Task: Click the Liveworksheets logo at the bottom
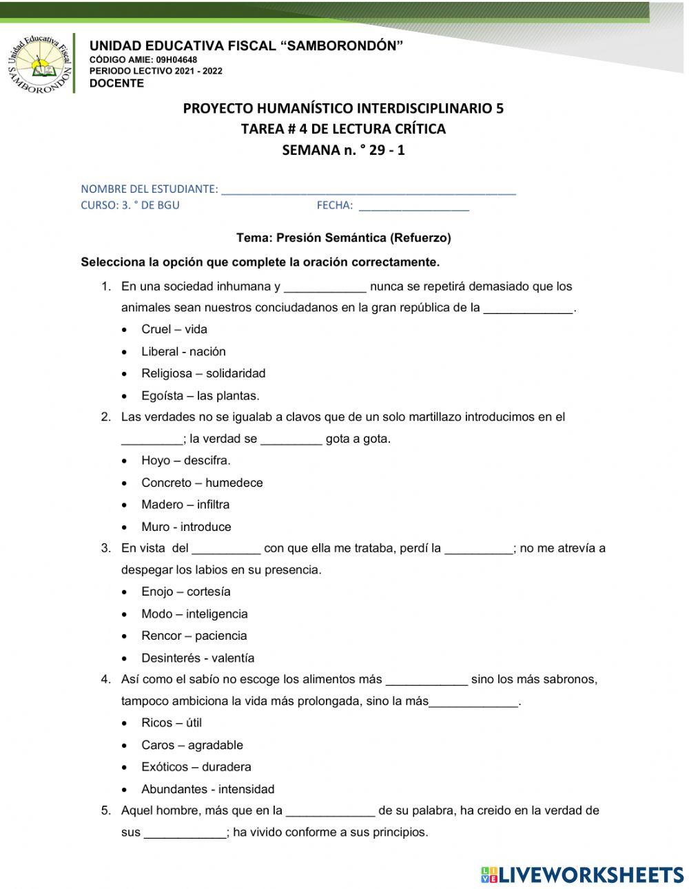(x=582, y=875)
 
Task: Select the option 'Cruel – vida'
(x=174, y=329)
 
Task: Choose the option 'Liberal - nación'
(x=183, y=351)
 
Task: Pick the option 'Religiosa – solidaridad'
(x=203, y=373)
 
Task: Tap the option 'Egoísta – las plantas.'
(x=200, y=395)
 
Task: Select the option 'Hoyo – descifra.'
(x=186, y=460)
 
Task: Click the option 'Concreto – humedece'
(x=202, y=483)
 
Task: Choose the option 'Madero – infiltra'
(x=185, y=505)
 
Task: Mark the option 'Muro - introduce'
(x=186, y=527)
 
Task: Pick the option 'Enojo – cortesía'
(x=186, y=592)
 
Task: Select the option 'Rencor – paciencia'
(x=194, y=636)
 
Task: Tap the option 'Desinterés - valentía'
(x=198, y=658)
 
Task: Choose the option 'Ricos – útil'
(x=172, y=722)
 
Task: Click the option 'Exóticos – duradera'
(x=196, y=766)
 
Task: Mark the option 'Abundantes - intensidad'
(x=208, y=789)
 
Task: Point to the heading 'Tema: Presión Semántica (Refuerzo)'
(x=343, y=238)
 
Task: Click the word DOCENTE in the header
(x=116, y=83)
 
